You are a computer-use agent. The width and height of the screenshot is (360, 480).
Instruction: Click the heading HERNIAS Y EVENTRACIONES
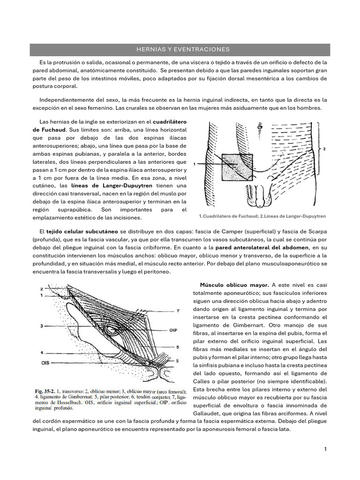[x=180, y=49]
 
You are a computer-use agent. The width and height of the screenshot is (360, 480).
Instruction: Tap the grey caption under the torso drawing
[x=262, y=217]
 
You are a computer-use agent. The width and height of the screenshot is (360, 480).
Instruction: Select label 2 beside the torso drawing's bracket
[x=324, y=149]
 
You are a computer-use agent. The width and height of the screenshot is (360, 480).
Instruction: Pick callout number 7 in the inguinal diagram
[x=178, y=311]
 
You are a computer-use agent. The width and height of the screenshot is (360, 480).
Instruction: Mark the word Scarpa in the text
[x=315, y=232]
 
